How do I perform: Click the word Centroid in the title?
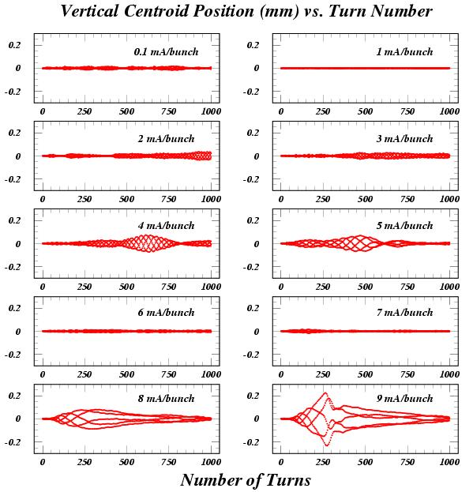(157, 11)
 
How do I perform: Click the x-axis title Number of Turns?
(246, 480)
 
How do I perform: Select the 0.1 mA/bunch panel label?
(167, 52)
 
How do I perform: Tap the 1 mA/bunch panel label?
(404, 52)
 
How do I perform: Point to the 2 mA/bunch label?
(167, 139)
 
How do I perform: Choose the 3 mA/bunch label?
(404, 139)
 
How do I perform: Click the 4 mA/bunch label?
(167, 226)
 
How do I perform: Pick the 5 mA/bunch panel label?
(404, 226)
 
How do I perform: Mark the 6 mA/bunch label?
(167, 313)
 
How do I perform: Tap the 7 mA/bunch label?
(404, 313)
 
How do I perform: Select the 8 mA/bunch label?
(167, 399)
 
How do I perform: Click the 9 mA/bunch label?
(404, 399)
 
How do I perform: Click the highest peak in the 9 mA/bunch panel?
(325, 392)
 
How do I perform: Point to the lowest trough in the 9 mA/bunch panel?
(327, 445)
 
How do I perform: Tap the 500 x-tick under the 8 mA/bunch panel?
(126, 462)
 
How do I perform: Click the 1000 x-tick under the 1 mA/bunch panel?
(449, 111)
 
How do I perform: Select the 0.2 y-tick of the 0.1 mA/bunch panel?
(14, 45)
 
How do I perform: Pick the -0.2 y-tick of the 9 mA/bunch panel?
(251, 442)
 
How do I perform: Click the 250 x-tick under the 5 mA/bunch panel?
(323, 287)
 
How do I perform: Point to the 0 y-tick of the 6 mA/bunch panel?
(18, 332)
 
